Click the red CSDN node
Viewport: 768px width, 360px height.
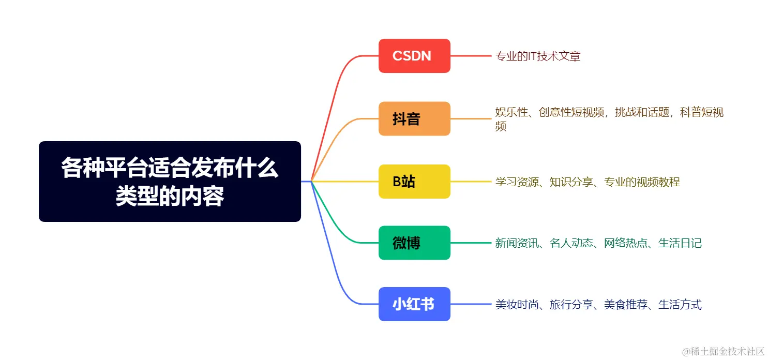tap(414, 56)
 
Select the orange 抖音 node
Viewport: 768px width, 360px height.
tap(414, 119)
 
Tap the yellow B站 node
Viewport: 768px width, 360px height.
tap(414, 182)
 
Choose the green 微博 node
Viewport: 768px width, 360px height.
tap(414, 243)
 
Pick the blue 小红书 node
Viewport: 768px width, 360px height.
tap(414, 304)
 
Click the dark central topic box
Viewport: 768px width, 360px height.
tap(170, 182)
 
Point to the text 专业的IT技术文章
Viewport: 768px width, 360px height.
tap(538, 56)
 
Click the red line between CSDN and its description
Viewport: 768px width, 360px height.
tap(471, 56)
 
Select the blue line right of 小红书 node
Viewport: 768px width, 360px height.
tap(471, 304)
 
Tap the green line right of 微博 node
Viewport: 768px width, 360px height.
tap(471, 243)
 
